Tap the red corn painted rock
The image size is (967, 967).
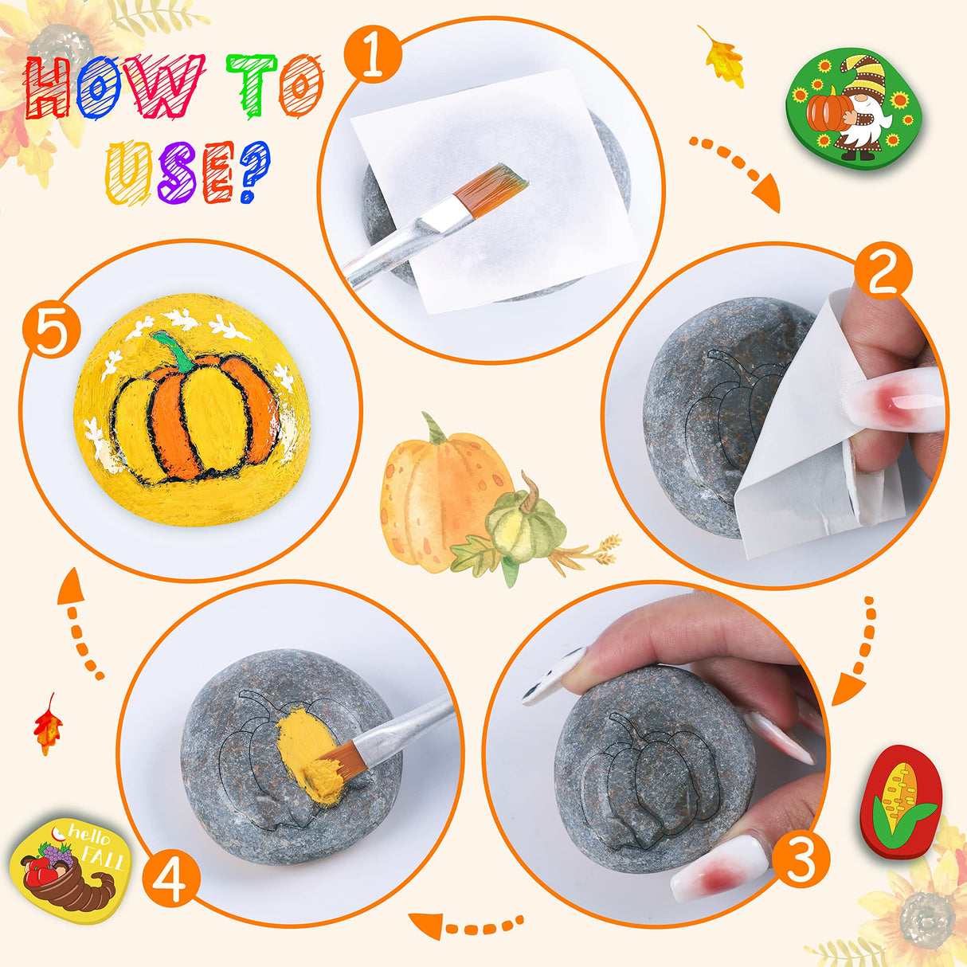(901, 801)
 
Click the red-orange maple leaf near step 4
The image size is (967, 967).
(47, 724)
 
